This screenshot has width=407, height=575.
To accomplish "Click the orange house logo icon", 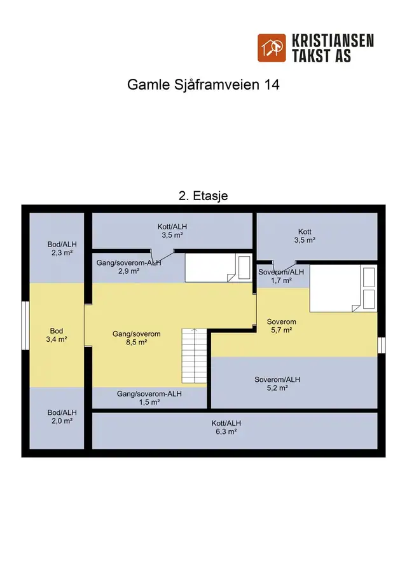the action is (x=272, y=48).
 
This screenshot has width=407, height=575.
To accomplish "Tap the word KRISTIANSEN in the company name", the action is (x=333, y=41).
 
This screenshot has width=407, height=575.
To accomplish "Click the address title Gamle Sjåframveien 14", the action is (x=203, y=85).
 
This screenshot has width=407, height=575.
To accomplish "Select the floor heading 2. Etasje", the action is (x=203, y=196).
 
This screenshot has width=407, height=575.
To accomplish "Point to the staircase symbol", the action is (x=194, y=356).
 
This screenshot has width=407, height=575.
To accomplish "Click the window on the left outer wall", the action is (x=25, y=326).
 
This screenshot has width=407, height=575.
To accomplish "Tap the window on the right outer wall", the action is (x=382, y=345).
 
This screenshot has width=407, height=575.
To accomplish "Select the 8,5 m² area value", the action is (x=137, y=342).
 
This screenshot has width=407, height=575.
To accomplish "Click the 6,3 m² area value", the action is (x=226, y=431).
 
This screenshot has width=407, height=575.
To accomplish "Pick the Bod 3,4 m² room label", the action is (x=57, y=335).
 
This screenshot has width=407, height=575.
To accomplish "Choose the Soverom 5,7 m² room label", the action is (x=282, y=326).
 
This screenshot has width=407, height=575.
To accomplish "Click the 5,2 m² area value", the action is (x=277, y=388).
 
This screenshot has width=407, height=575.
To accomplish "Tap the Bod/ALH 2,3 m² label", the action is (x=62, y=248).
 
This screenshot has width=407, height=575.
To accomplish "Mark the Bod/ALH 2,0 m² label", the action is (x=62, y=417).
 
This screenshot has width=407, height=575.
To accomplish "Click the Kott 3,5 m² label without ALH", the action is (x=305, y=236).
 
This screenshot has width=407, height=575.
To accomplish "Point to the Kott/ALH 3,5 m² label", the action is (x=172, y=231).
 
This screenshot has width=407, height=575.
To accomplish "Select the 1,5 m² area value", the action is (x=149, y=402).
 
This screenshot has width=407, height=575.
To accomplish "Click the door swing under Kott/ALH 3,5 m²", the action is (x=162, y=255).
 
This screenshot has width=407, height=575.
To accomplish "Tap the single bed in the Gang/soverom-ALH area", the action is (x=218, y=267).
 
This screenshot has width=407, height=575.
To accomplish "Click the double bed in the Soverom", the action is (x=343, y=288).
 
